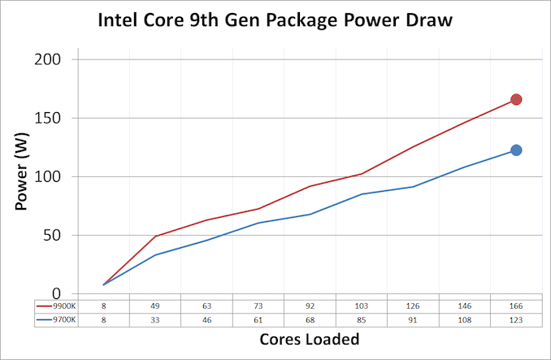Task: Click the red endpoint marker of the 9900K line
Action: point(516,100)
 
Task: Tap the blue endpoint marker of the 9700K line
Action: point(516,150)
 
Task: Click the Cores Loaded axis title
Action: point(310,339)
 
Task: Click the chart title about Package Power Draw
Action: point(275,20)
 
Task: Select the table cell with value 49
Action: point(155,306)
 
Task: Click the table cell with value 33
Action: point(155,320)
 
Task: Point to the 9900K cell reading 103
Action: point(362,306)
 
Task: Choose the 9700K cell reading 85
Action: point(362,320)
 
